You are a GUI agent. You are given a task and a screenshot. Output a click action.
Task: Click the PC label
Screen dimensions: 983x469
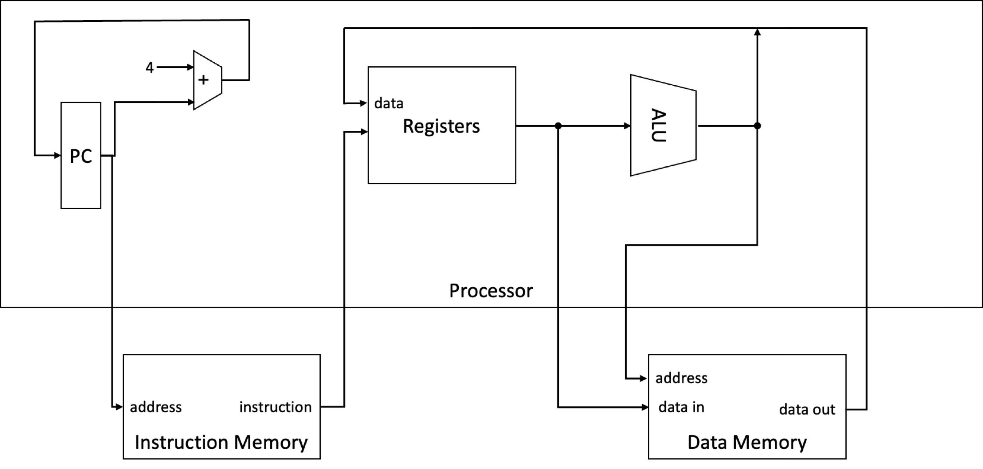81,156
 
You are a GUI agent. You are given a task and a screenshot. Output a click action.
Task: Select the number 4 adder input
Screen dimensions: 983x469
150,68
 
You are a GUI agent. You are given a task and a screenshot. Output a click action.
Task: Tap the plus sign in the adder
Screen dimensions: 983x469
203,80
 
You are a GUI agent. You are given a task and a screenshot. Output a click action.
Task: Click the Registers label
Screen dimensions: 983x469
441,126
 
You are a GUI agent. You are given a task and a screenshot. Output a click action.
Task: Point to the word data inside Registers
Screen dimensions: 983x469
389,103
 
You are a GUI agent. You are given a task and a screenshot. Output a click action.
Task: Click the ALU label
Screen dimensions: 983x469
658,126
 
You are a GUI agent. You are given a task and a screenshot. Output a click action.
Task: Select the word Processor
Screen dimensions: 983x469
491,291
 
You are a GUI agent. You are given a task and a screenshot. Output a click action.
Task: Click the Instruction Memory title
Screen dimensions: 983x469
221,442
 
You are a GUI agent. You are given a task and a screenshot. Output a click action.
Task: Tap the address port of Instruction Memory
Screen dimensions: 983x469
156,407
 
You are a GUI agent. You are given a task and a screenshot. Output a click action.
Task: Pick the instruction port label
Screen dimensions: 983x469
276,407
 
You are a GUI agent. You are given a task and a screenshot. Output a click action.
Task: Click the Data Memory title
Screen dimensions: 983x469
747,442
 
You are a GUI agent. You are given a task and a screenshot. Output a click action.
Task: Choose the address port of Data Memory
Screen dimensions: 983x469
682,378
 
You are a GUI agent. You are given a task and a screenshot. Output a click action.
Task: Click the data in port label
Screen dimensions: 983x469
682,407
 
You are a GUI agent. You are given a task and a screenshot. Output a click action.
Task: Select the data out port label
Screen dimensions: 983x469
807,409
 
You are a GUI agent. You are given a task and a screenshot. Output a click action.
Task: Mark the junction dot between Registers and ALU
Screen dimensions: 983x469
558,126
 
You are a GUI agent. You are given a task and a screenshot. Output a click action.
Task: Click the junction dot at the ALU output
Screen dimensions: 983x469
758,126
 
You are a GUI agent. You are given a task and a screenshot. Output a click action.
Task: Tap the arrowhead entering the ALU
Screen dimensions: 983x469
627,126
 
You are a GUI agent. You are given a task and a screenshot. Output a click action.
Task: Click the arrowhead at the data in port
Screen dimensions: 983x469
645,407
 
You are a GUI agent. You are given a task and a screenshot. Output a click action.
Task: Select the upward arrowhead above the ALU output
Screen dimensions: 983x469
758,32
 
